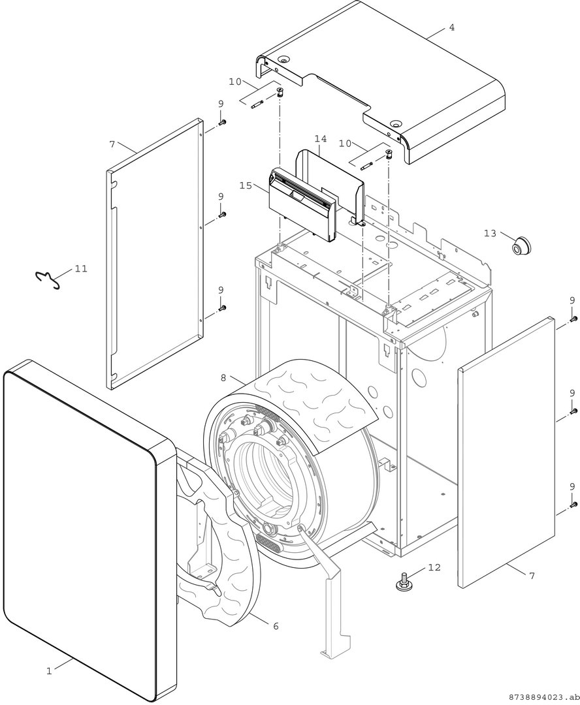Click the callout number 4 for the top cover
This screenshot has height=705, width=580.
[x=452, y=27]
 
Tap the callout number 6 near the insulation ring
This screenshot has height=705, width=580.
[x=276, y=625]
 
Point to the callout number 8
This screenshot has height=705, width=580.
[x=223, y=378]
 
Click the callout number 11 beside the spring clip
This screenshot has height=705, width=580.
[x=81, y=268]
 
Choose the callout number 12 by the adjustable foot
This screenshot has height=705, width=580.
[x=434, y=567]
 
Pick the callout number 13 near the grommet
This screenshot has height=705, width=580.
[x=490, y=233]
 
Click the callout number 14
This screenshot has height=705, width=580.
[x=321, y=138]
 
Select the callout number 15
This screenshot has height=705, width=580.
[x=246, y=185]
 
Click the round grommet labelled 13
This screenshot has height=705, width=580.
[x=520, y=245]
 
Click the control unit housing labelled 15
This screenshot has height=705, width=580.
[x=302, y=204]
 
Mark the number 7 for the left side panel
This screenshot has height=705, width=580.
[x=112, y=144]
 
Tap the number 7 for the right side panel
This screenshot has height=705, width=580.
[x=532, y=576]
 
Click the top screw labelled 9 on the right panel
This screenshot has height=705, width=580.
[x=573, y=319]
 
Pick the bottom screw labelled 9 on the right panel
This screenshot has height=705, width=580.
[x=573, y=505]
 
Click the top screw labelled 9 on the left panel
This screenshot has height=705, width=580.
[x=222, y=122]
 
